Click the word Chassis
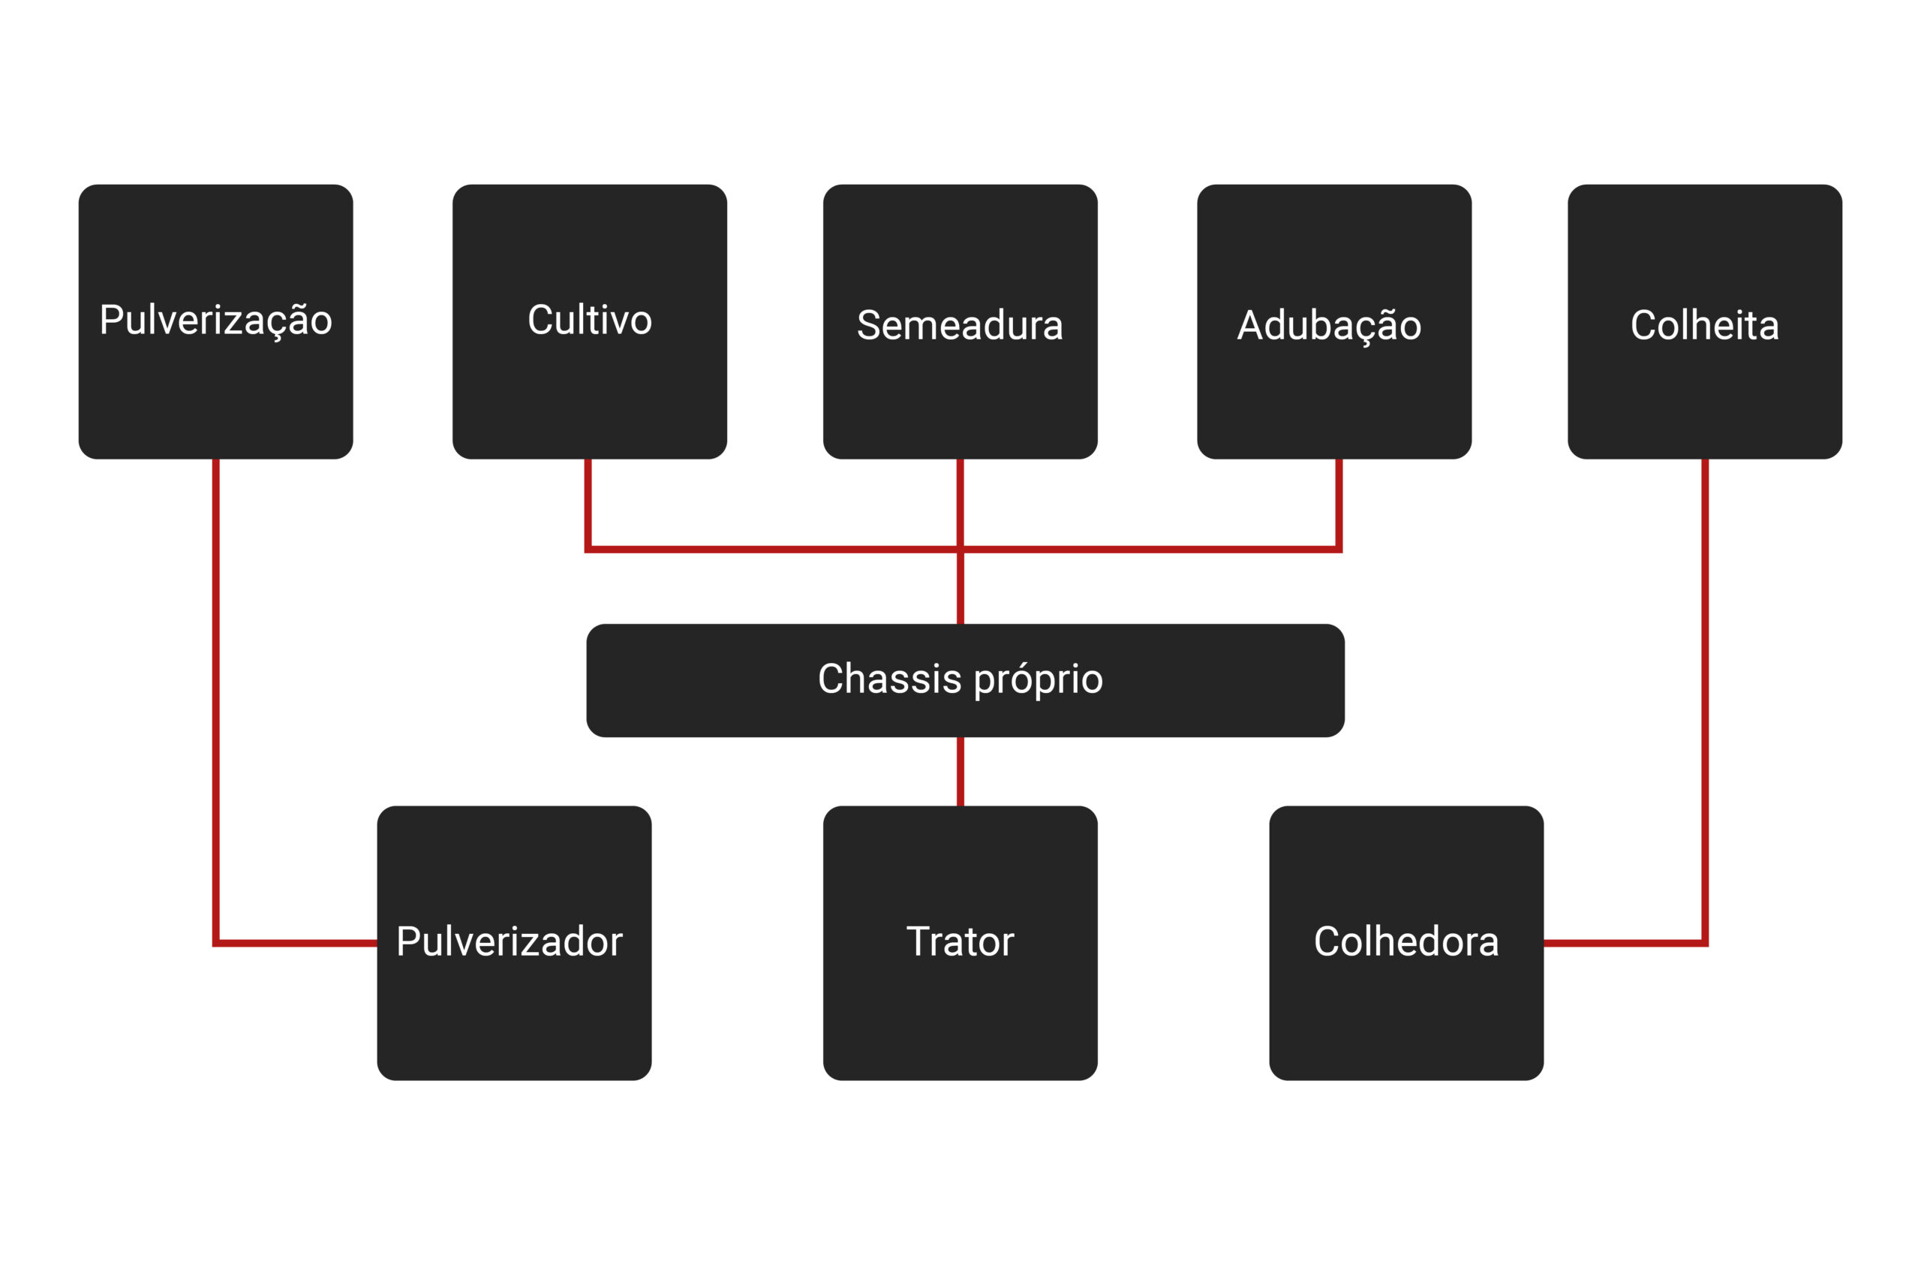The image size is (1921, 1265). [888, 679]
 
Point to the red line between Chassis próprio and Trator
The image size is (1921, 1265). [960, 771]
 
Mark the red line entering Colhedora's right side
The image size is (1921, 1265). [1614, 942]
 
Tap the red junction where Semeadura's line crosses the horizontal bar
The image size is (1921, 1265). [960, 550]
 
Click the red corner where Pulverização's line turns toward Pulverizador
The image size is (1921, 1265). [216, 942]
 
